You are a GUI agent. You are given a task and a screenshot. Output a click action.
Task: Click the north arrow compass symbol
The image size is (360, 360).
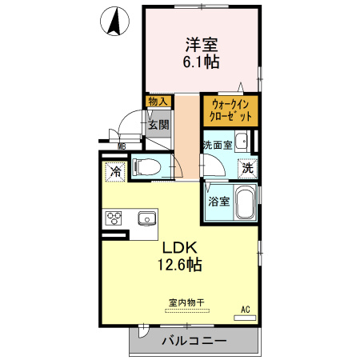[114, 22]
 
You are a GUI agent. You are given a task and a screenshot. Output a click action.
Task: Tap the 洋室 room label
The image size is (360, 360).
[202, 45]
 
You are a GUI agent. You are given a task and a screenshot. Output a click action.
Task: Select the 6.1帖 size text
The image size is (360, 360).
[201, 62]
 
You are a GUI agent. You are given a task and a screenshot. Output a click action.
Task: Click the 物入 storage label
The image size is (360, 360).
[158, 102]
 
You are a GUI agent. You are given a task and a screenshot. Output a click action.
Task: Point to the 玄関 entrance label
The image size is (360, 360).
[158, 125]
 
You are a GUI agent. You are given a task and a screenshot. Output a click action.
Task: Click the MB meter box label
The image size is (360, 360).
[122, 146]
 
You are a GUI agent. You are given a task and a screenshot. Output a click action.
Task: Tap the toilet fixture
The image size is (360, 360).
[146, 167]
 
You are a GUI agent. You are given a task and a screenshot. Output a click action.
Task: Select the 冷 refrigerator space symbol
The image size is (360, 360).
[115, 172]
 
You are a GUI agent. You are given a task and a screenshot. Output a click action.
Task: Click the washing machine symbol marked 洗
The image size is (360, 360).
[248, 169]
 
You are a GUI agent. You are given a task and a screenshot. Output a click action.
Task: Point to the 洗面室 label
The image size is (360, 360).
[218, 145]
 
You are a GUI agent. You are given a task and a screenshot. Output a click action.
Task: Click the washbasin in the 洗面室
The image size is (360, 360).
[242, 142]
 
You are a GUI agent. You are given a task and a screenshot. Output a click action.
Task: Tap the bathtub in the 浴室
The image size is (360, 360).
[246, 202]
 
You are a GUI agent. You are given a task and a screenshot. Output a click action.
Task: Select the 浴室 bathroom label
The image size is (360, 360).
[219, 202]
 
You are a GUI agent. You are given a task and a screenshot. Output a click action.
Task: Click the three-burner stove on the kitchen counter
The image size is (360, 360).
[114, 218]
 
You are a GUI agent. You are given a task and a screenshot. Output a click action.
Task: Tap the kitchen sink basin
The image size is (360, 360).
[147, 218]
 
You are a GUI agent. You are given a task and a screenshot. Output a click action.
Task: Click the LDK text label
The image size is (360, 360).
[180, 248]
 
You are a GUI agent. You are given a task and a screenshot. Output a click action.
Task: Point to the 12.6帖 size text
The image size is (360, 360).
[180, 265]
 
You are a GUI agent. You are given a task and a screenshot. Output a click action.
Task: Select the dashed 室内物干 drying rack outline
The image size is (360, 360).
[187, 310]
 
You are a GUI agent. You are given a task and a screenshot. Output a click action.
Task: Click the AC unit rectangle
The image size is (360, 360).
[245, 318]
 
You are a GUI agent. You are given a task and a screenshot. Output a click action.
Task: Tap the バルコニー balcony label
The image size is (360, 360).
[194, 341]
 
